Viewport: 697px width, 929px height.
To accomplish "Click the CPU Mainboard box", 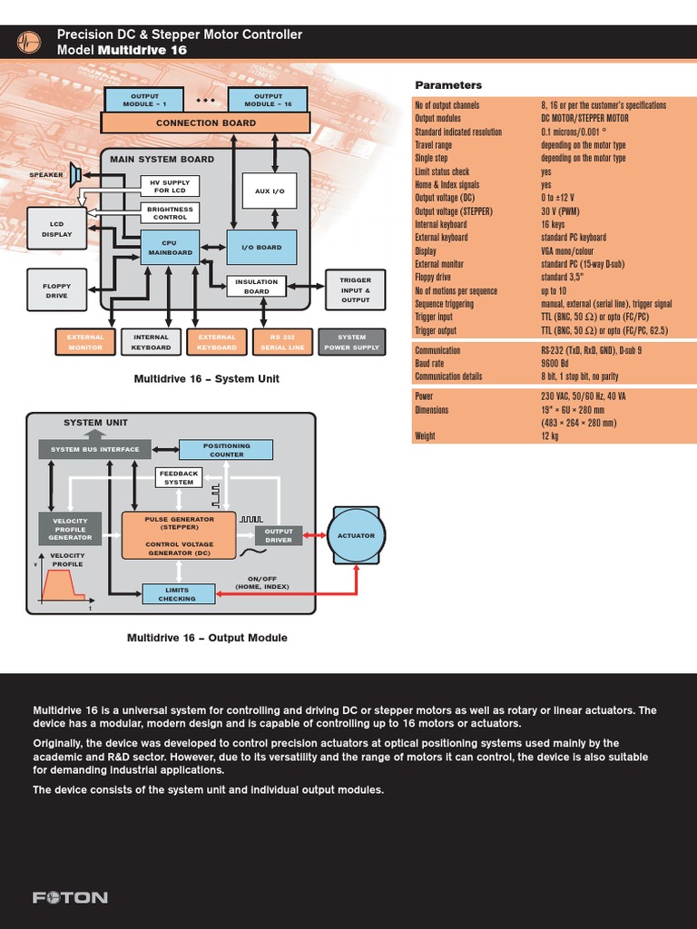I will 170,247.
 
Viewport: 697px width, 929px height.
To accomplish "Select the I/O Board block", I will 260,247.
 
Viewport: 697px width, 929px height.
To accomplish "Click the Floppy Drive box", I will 56,290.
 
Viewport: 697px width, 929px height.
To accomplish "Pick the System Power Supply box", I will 351,342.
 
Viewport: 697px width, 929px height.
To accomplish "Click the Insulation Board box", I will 257,287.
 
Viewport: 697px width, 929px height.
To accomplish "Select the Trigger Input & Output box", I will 355,290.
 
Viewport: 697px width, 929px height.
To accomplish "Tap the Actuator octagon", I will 356,536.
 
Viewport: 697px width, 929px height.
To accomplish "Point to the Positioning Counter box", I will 227,450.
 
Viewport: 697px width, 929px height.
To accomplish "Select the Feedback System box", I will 179,477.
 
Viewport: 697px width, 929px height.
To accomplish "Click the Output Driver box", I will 279,535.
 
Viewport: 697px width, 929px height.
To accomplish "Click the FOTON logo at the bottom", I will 70,898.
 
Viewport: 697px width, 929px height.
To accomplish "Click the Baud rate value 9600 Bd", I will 560,363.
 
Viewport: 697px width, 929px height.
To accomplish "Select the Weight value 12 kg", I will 551,435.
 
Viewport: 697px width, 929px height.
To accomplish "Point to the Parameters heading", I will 448,85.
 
